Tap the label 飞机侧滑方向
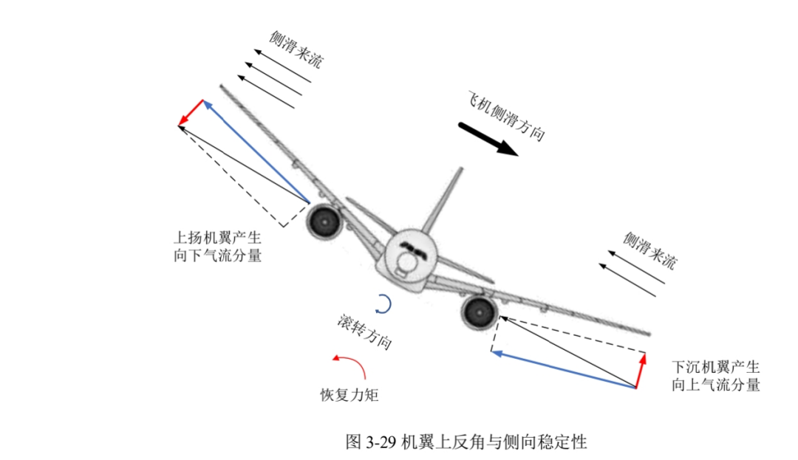pos(506,116)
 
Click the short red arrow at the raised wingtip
pos(191,112)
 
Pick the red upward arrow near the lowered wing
pos(640,371)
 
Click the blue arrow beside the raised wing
pos(256,151)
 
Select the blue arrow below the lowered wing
pos(564,369)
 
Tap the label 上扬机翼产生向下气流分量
pos(218,247)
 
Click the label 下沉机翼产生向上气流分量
pos(715,376)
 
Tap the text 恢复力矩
pos(349,395)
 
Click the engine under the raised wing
pos(324,221)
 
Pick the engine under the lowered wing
pos(480,312)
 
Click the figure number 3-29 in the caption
pos(381,442)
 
